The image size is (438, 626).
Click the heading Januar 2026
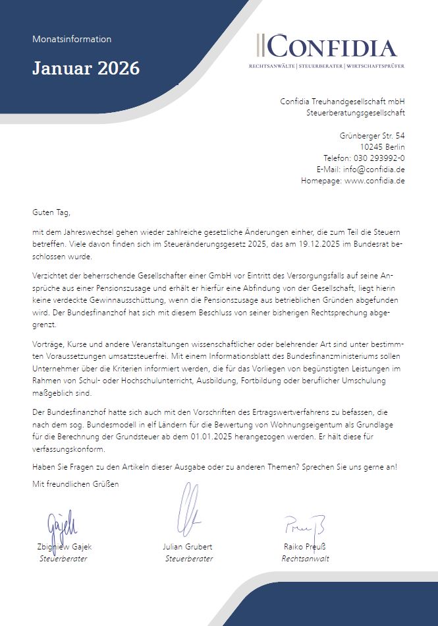click(86, 67)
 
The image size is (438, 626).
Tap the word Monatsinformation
click(72, 39)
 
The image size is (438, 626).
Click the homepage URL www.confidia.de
click(374, 181)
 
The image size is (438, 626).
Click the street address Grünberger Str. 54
click(372, 135)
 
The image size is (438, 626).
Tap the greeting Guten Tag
click(51, 212)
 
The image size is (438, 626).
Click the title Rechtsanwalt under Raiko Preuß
click(305, 558)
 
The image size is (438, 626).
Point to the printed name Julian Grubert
click(188, 547)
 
